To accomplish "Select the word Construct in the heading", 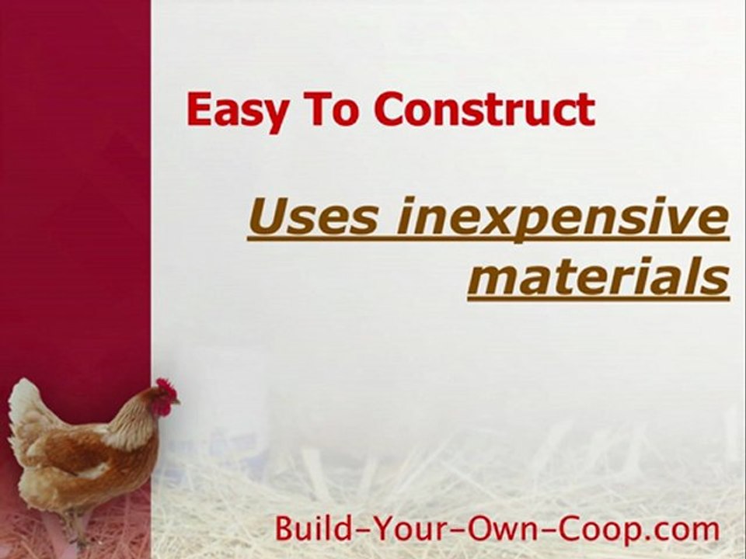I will pos(484,109).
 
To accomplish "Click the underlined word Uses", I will pos(314,218).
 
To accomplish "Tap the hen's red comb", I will pos(166,387).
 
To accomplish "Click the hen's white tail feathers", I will pos(27,411).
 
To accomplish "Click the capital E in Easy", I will pos(199,109).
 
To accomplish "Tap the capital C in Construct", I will pos(389,109).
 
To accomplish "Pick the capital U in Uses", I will pos(267,218).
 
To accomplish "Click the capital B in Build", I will pos(285,529).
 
